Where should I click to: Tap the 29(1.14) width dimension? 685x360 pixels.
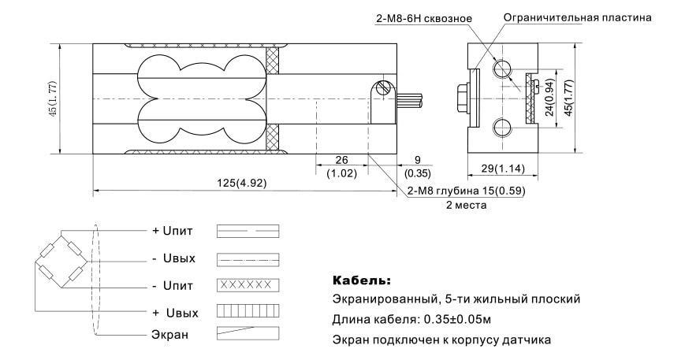coord(501,168)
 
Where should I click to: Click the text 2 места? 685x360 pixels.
coord(466,205)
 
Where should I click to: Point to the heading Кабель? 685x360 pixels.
coord(361,280)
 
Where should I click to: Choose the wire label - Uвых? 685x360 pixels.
coord(173,258)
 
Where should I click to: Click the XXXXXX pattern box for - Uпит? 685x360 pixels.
coord(248,284)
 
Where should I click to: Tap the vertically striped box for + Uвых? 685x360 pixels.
coord(248,311)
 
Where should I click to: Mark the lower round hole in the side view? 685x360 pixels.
coord(502,128)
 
